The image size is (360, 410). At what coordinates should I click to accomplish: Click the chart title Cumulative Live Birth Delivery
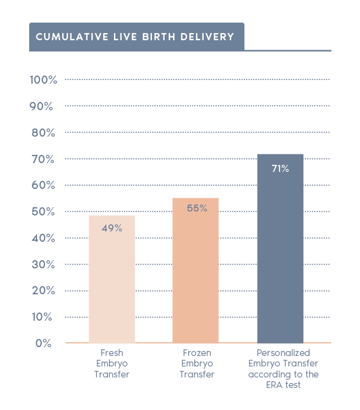point(135,37)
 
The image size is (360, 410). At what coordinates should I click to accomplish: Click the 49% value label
point(112,228)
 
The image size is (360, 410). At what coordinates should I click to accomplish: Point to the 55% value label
point(197,208)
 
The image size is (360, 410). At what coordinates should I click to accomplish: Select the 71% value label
point(280,169)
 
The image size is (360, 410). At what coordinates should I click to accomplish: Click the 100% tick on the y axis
point(43,80)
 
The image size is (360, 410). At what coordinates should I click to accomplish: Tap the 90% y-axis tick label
point(42,106)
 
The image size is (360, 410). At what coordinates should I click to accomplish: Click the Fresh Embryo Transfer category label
point(112,363)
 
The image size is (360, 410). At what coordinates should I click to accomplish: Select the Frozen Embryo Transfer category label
point(197,363)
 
